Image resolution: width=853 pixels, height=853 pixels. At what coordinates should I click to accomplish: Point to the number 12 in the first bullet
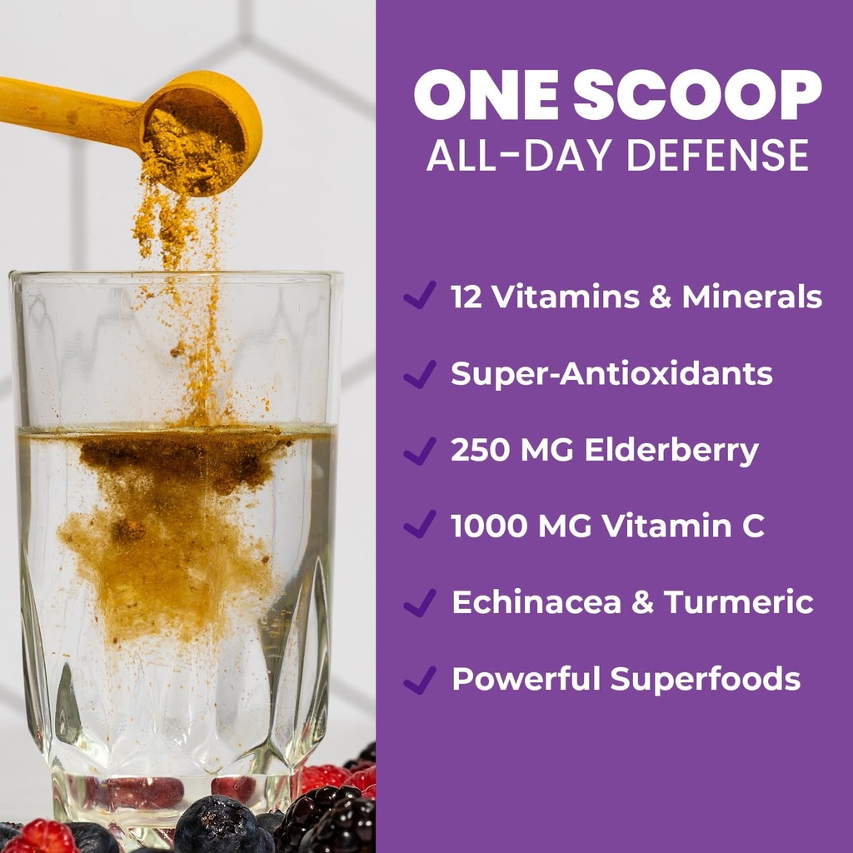[466, 297]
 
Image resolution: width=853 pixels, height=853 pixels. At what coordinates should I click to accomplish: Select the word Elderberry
[671, 451]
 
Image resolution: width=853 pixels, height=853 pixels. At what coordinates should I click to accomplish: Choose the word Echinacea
[536, 602]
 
